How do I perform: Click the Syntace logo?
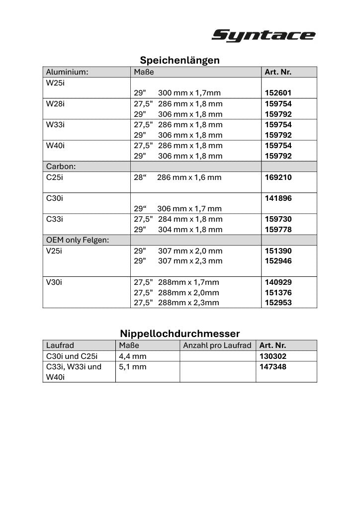click(x=263, y=36)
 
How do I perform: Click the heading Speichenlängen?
click(x=180, y=60)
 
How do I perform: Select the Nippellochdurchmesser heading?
click(x=180, y=333)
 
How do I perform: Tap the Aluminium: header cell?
click(x=67, y=72)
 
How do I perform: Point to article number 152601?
click(x=278, y=93)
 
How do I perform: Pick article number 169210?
click(x=278, y=177)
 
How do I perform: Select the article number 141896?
click(x=278, y=198)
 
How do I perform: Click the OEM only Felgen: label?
click(x=78, y=240)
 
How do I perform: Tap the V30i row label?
click(x=54, y=282)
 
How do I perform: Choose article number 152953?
click(x=278, y=302)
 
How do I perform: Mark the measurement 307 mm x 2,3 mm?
click(x=190, y=260)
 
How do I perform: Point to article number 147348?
click(x=273, y=366)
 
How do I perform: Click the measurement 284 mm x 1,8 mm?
click(x=190, y=219)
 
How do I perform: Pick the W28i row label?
click(x=55, y=103)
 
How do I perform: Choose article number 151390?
click(x=278, y=251)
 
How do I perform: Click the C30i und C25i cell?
click(x=72, y=356)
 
